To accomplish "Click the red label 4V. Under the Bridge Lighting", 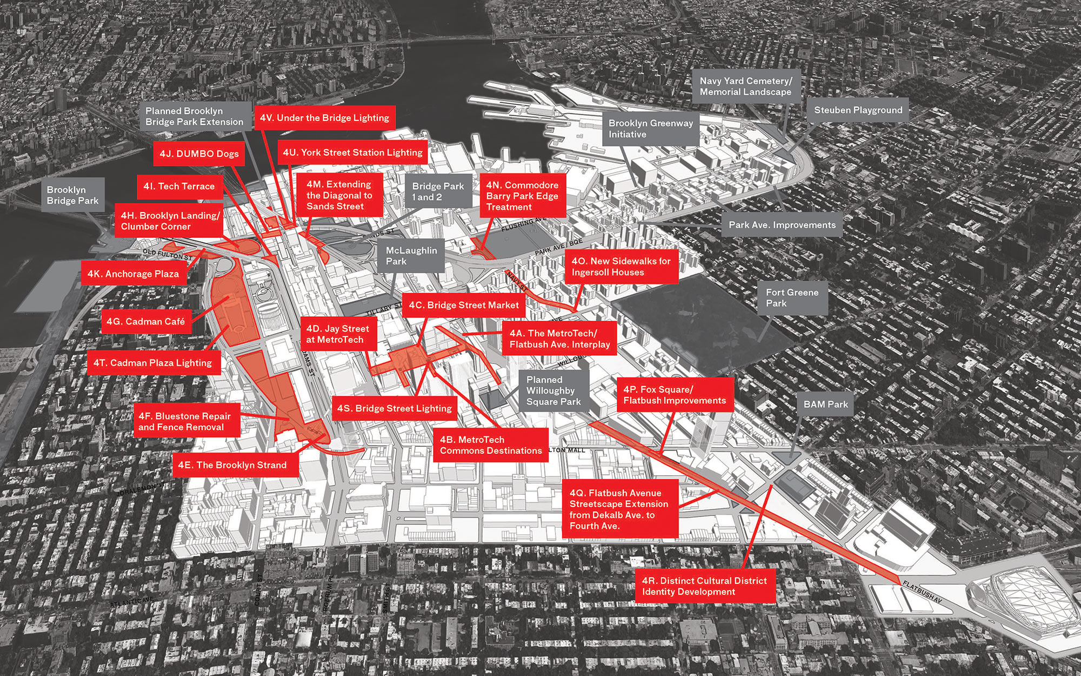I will coord(324,118).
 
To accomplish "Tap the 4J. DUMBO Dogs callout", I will coord(199,154).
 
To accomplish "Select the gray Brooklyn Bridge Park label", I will coord(72,195).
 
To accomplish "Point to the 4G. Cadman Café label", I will coord(146,321).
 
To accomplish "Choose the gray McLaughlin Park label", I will coord(411,256).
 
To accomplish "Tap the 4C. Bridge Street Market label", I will coord(464,305).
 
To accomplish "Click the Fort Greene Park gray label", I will coord(792,298).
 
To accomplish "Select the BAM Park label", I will coord(825,404).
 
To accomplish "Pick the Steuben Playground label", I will coord(858,110).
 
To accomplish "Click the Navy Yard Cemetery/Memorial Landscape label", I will coord(745,87).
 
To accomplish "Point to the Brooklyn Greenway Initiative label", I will coord(650,129).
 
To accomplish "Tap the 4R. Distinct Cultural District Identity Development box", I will coord(704,586).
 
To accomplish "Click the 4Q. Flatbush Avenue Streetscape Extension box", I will coord(619,509).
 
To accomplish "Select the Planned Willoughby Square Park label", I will coord(553,391).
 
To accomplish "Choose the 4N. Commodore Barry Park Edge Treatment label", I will coord(522,196).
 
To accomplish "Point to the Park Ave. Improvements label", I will coord(782,225).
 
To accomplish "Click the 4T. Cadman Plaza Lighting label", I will coord(152,363).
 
